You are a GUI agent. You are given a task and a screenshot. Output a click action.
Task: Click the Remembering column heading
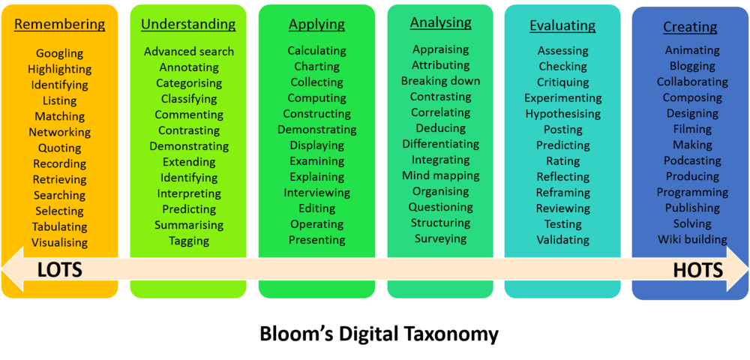[x=60, y=25]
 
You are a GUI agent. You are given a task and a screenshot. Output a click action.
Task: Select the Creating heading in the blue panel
[x=690, y=27]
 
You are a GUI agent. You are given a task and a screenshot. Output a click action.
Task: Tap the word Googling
[x=60, y=53]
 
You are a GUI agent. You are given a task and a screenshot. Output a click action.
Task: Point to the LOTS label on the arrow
[x=60, y=271]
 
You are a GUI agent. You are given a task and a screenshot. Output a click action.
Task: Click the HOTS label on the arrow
[x=697, y=271]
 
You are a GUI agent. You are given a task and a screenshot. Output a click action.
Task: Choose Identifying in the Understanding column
[x=189, y=178]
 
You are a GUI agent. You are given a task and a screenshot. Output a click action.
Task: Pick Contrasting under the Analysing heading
[x=440, y=97]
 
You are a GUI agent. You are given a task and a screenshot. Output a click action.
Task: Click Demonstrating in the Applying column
[x=317, y=130]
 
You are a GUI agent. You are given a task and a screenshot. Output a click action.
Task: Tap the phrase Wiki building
[x=692, y=239]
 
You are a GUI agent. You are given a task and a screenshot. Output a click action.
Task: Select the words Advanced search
[x=189, y=51]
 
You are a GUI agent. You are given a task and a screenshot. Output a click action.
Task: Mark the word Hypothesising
[x=563, y=114]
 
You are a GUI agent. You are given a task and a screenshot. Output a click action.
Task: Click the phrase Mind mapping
[x=440, y=175]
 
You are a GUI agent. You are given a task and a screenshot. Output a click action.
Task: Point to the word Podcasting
[x=692, y=160]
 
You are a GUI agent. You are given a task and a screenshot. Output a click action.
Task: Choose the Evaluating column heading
[x=562, y=25]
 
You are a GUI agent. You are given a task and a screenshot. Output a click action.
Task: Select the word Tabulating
[x=60, y=226]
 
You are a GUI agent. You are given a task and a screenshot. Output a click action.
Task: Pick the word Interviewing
[x=317, y=193]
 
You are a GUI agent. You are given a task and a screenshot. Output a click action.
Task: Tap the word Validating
[x=563, y=239]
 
